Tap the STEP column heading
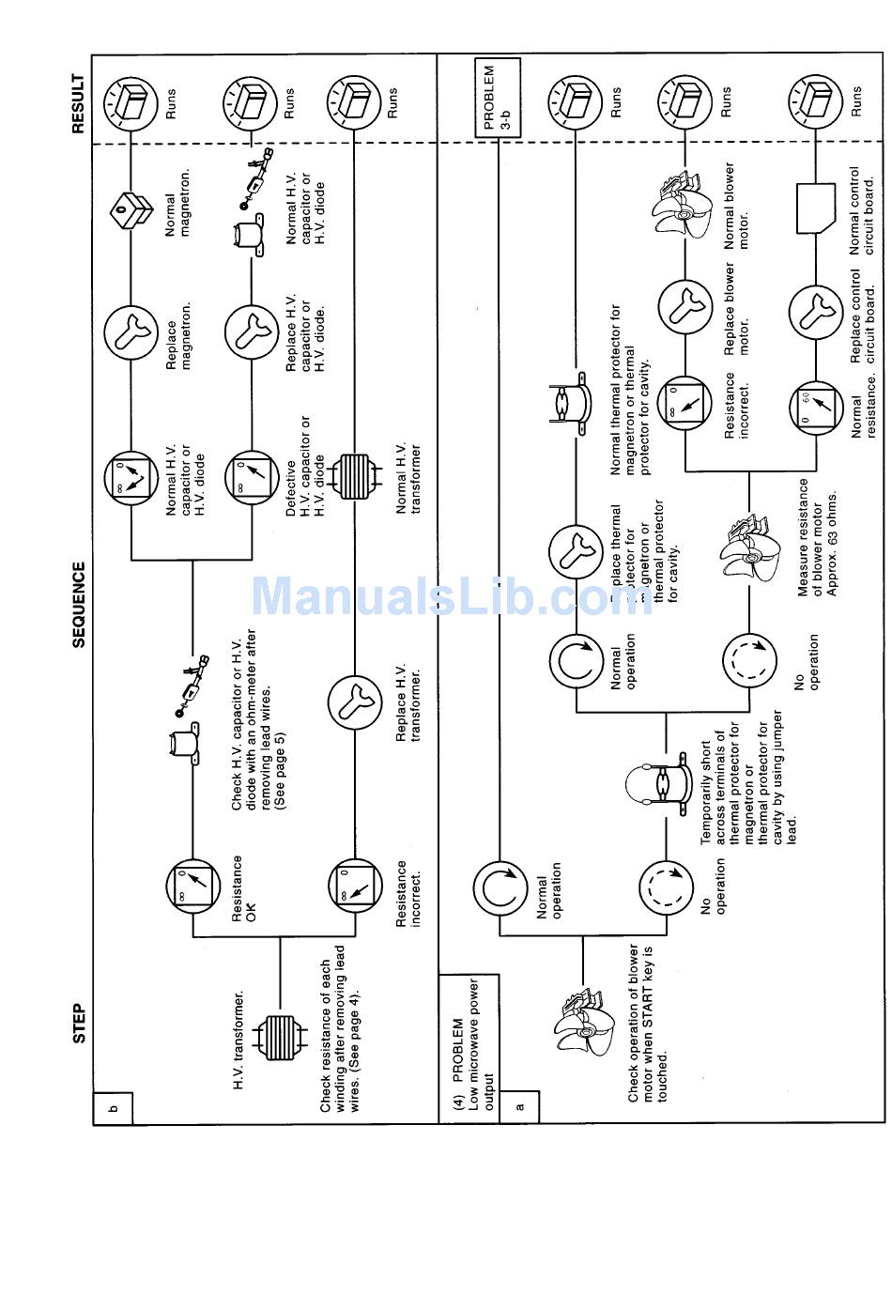point(79,1025)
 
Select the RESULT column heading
point(79,103)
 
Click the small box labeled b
point(113,1108)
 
